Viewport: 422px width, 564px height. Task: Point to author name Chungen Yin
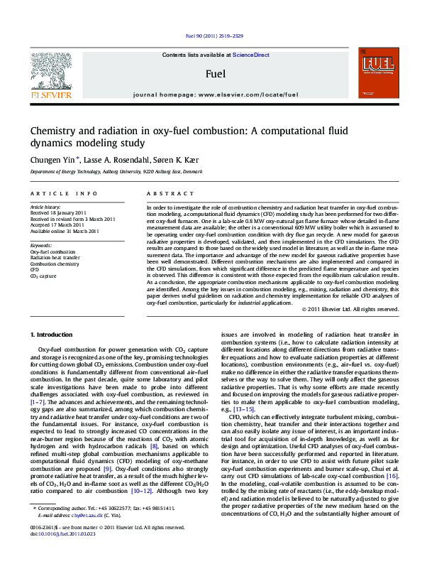coord(50,161)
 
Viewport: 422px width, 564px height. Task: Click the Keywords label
coord(41,245)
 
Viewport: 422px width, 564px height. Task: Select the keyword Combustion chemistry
coord(55,264)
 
